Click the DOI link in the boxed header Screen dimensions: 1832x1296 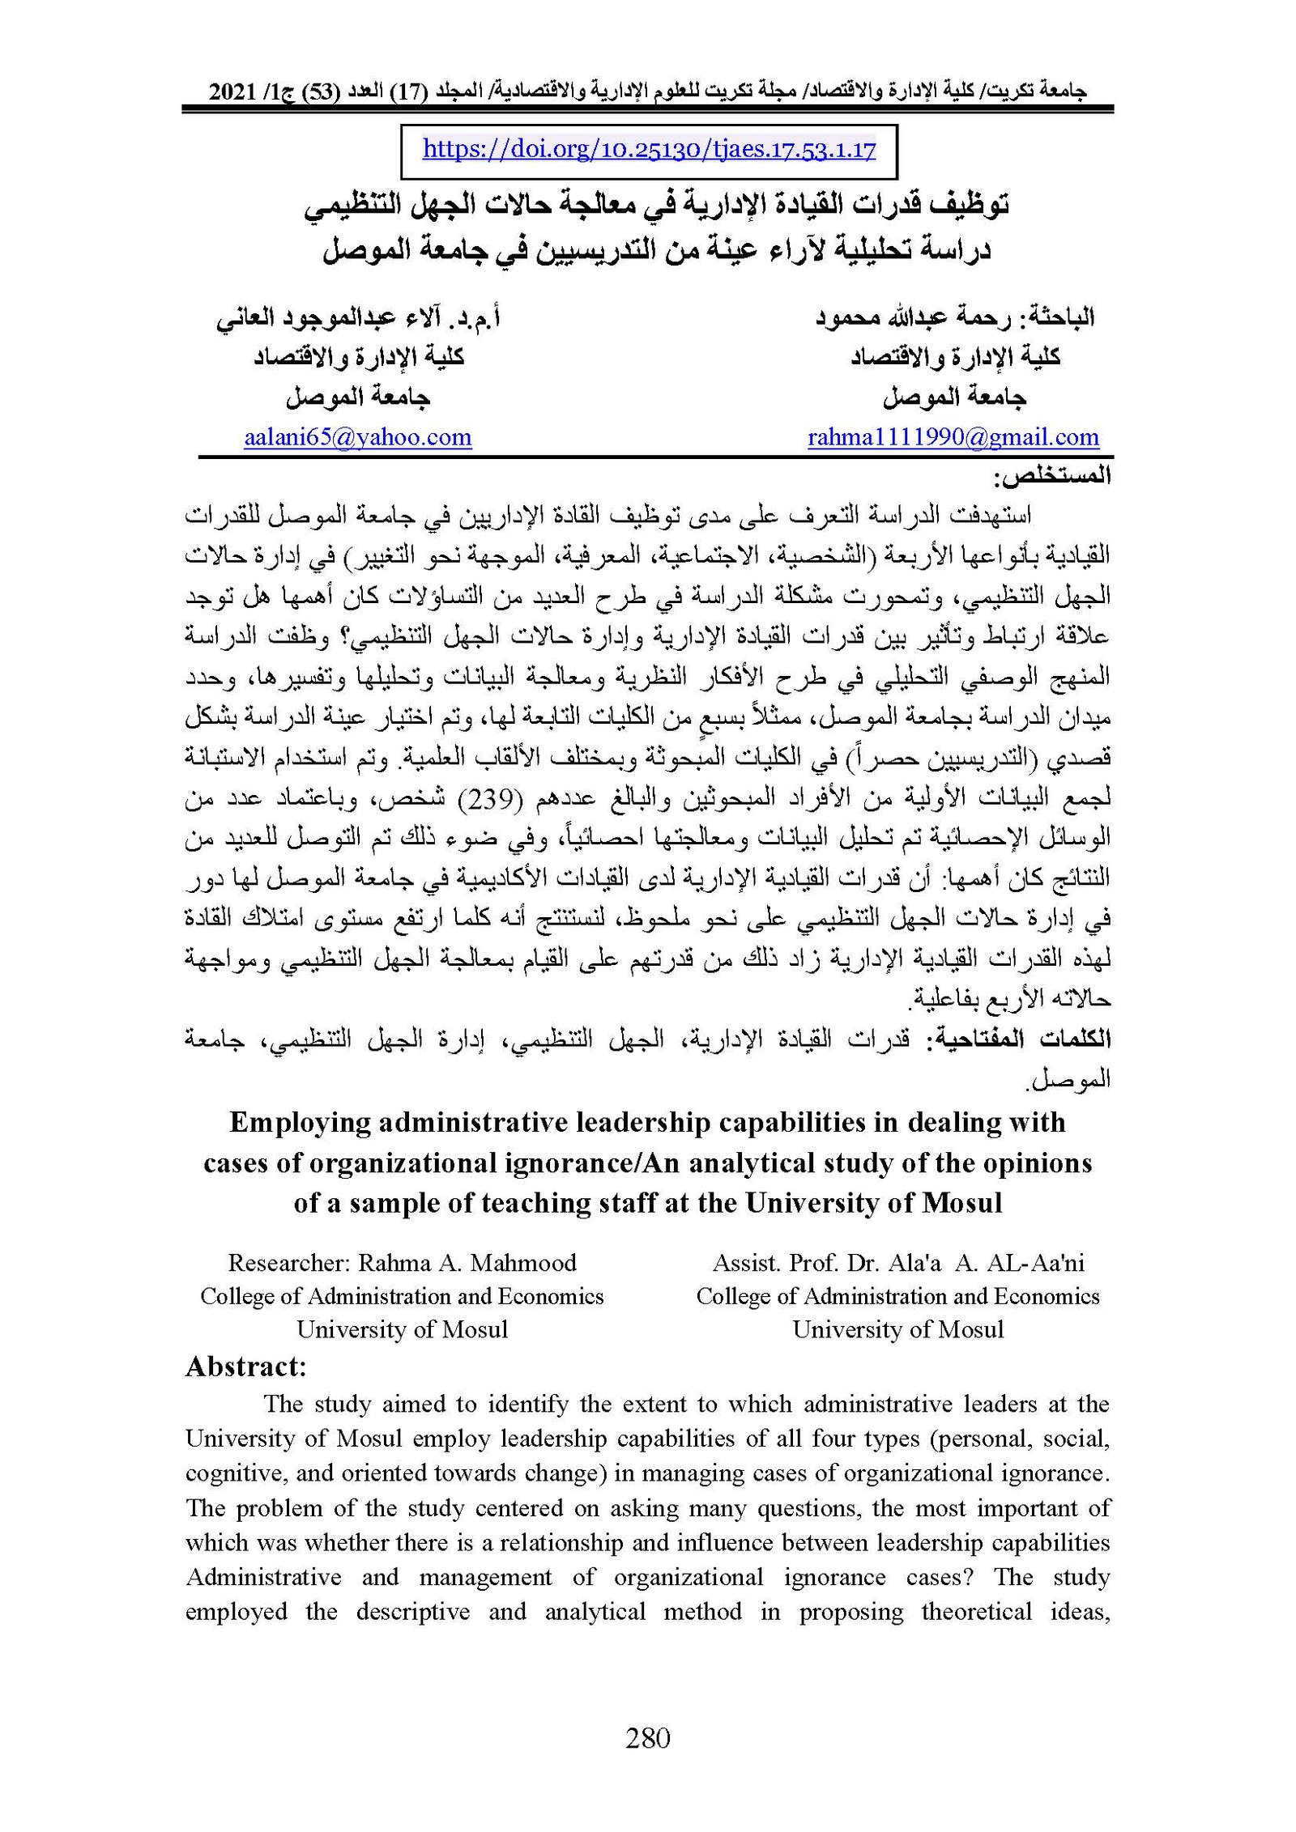(649, 150)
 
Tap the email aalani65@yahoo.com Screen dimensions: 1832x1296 (357, 437)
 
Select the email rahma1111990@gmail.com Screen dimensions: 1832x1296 (953, 437)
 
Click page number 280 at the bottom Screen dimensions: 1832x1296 (648, 1737)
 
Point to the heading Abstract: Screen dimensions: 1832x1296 (245, 1367)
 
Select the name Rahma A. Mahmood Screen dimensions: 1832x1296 (467, 1262)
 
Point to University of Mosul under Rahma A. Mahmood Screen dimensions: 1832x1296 (402, 1329)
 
